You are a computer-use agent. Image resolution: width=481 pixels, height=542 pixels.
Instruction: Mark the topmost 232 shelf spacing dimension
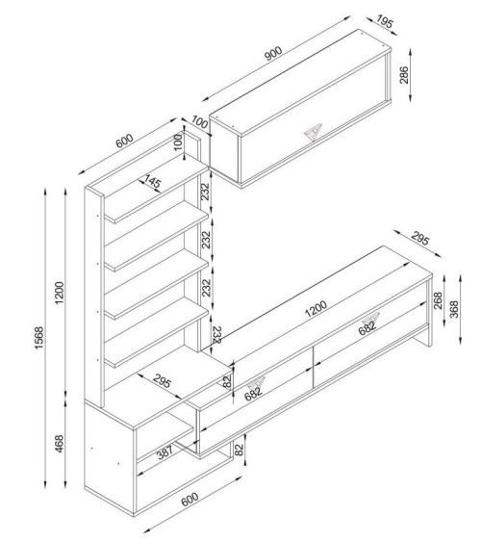click(206, 194)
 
